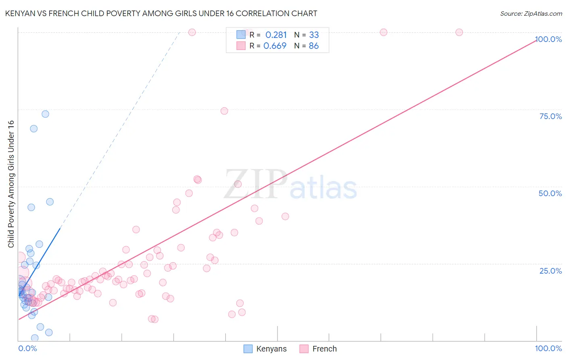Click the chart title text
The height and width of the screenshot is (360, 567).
[x=161, y=13]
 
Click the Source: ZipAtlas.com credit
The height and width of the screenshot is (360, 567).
[x=531, y=13]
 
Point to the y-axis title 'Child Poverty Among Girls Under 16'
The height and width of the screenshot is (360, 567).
[x=11, y=184]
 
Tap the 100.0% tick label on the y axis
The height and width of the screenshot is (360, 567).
[x=548, y=39]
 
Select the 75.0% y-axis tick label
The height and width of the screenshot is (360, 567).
[x=550, y=116]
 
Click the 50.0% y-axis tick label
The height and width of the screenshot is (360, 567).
[x=550, y=193]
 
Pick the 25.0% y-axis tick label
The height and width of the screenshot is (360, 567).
[x=550, y=271]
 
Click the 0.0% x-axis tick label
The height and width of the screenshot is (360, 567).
[x=27, y=348]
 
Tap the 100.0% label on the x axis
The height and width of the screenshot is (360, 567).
[x=548, y=348]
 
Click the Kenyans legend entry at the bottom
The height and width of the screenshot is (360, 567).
[x=265, y=349]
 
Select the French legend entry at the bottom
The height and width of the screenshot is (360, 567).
[x=319, y=349]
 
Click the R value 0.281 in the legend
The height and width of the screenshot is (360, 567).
[x=276, y=35]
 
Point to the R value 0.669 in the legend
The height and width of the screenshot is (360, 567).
[x=275, y=46]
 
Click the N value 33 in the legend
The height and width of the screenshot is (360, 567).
[x=314, y=35]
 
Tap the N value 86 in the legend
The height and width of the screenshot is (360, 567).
[x=314, y=46]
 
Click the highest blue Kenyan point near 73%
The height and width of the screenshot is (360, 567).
[x=46, y=114]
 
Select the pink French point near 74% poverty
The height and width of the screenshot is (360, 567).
[x=224, y=111]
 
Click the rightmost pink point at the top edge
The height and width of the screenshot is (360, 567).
[x=459, y=32]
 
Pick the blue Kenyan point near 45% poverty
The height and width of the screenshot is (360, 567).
[x=50, y=202]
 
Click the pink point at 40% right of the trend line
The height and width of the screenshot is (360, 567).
[x=285, y=216]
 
